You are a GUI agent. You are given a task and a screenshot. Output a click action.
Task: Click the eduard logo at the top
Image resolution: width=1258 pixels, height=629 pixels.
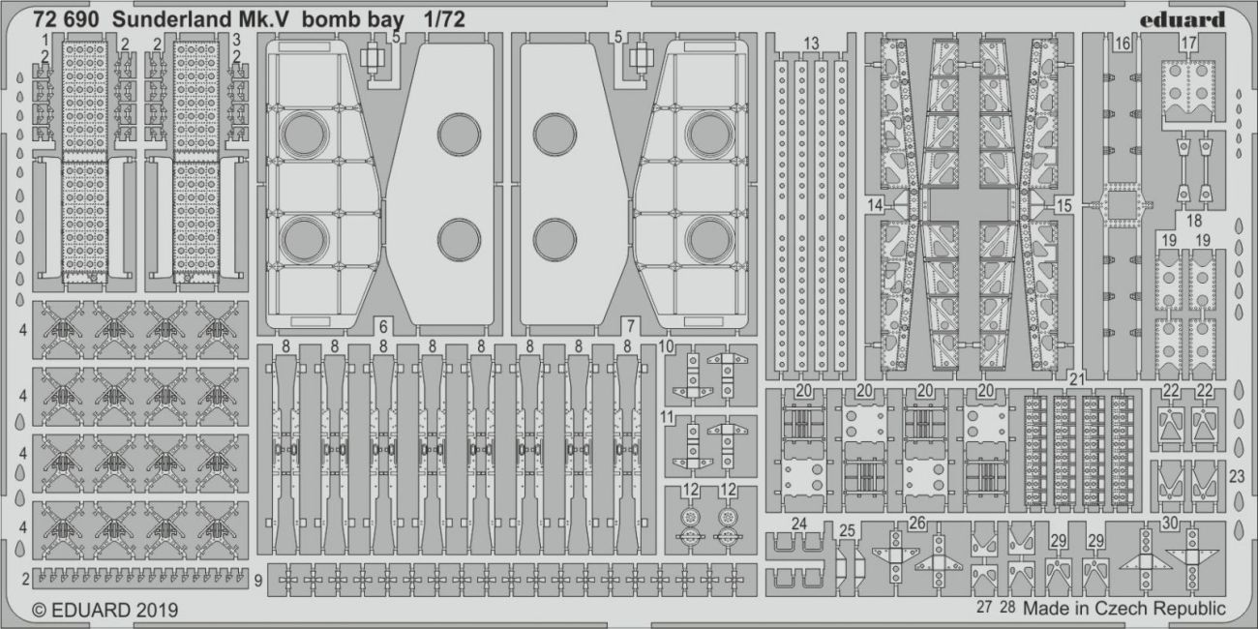(x=1182, y=19)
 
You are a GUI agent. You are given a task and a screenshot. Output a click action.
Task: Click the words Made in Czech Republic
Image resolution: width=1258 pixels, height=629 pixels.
(x=1123, y=609)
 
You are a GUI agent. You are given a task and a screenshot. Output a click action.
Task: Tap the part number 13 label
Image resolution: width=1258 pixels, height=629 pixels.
(x=811, y=43)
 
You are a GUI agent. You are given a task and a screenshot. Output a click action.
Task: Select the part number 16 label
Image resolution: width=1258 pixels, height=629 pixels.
(x=1122, y=44)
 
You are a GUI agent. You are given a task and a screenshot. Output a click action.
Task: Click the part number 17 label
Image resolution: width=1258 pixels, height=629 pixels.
(x=1189, y=43)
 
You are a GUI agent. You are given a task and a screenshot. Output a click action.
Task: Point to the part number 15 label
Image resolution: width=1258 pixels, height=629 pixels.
(x=1063, y=205)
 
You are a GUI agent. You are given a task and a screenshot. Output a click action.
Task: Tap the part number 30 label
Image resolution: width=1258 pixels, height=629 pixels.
(x=1170, y=523)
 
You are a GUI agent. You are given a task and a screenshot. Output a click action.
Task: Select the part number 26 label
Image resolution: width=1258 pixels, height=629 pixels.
(x=916, y=524)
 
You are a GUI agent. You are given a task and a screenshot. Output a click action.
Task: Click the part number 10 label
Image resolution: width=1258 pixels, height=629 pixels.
(x=666, y=345)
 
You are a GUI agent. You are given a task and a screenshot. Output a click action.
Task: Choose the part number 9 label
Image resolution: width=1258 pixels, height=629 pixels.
(x=259, y=581)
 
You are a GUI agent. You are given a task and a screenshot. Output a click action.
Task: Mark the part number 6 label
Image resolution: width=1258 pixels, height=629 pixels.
(x=384, y=325)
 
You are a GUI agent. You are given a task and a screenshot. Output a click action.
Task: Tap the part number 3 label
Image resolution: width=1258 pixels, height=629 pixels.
(x=235, y=41)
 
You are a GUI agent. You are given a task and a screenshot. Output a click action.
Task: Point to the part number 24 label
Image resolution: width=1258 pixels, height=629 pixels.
(x=798, y=524)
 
